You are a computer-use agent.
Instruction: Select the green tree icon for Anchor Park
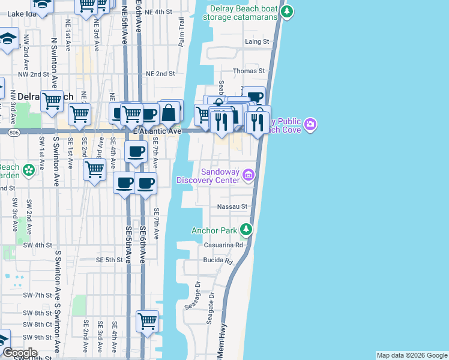coord(245,230)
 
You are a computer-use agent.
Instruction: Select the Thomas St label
coord(249,71)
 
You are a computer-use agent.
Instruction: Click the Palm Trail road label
coord(181,32)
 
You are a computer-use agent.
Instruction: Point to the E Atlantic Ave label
coord(157,131)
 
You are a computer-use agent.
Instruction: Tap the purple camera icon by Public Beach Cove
coord(310,125)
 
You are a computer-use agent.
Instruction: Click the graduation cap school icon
coord(7,40)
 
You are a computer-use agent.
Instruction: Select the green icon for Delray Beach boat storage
coord(288,11)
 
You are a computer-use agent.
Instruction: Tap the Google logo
coord(20,353)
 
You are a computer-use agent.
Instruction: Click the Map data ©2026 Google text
coord(411,355)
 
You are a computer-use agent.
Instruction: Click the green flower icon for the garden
coord(28,171)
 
